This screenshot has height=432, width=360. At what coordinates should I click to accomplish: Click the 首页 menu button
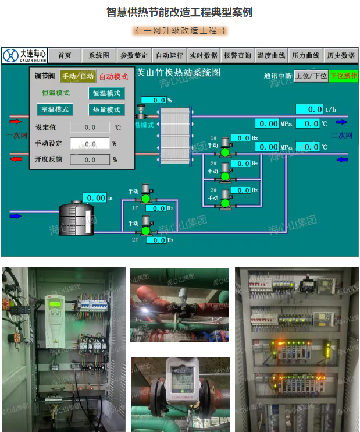(65, 55)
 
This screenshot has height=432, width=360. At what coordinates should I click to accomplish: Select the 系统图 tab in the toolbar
(99, 55)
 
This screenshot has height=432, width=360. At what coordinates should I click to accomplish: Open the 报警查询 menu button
(237, 55)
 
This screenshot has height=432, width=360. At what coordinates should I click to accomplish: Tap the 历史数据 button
(341, 55)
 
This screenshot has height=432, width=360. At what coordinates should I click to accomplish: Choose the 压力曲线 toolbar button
(306, 55)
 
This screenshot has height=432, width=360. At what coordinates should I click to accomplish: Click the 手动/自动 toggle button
(78, 76)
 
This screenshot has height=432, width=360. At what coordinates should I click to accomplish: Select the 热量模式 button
(106, 109)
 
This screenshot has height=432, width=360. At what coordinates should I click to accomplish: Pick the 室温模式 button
(54, 109)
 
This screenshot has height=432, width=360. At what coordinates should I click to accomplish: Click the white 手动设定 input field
(90, 143)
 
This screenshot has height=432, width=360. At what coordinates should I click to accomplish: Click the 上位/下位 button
(311, 76)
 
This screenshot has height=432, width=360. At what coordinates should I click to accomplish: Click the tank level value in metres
(94, 198)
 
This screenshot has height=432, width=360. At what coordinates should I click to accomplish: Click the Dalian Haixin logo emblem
(10, 55)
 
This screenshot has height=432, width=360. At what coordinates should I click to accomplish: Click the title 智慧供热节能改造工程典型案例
(180, 12)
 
